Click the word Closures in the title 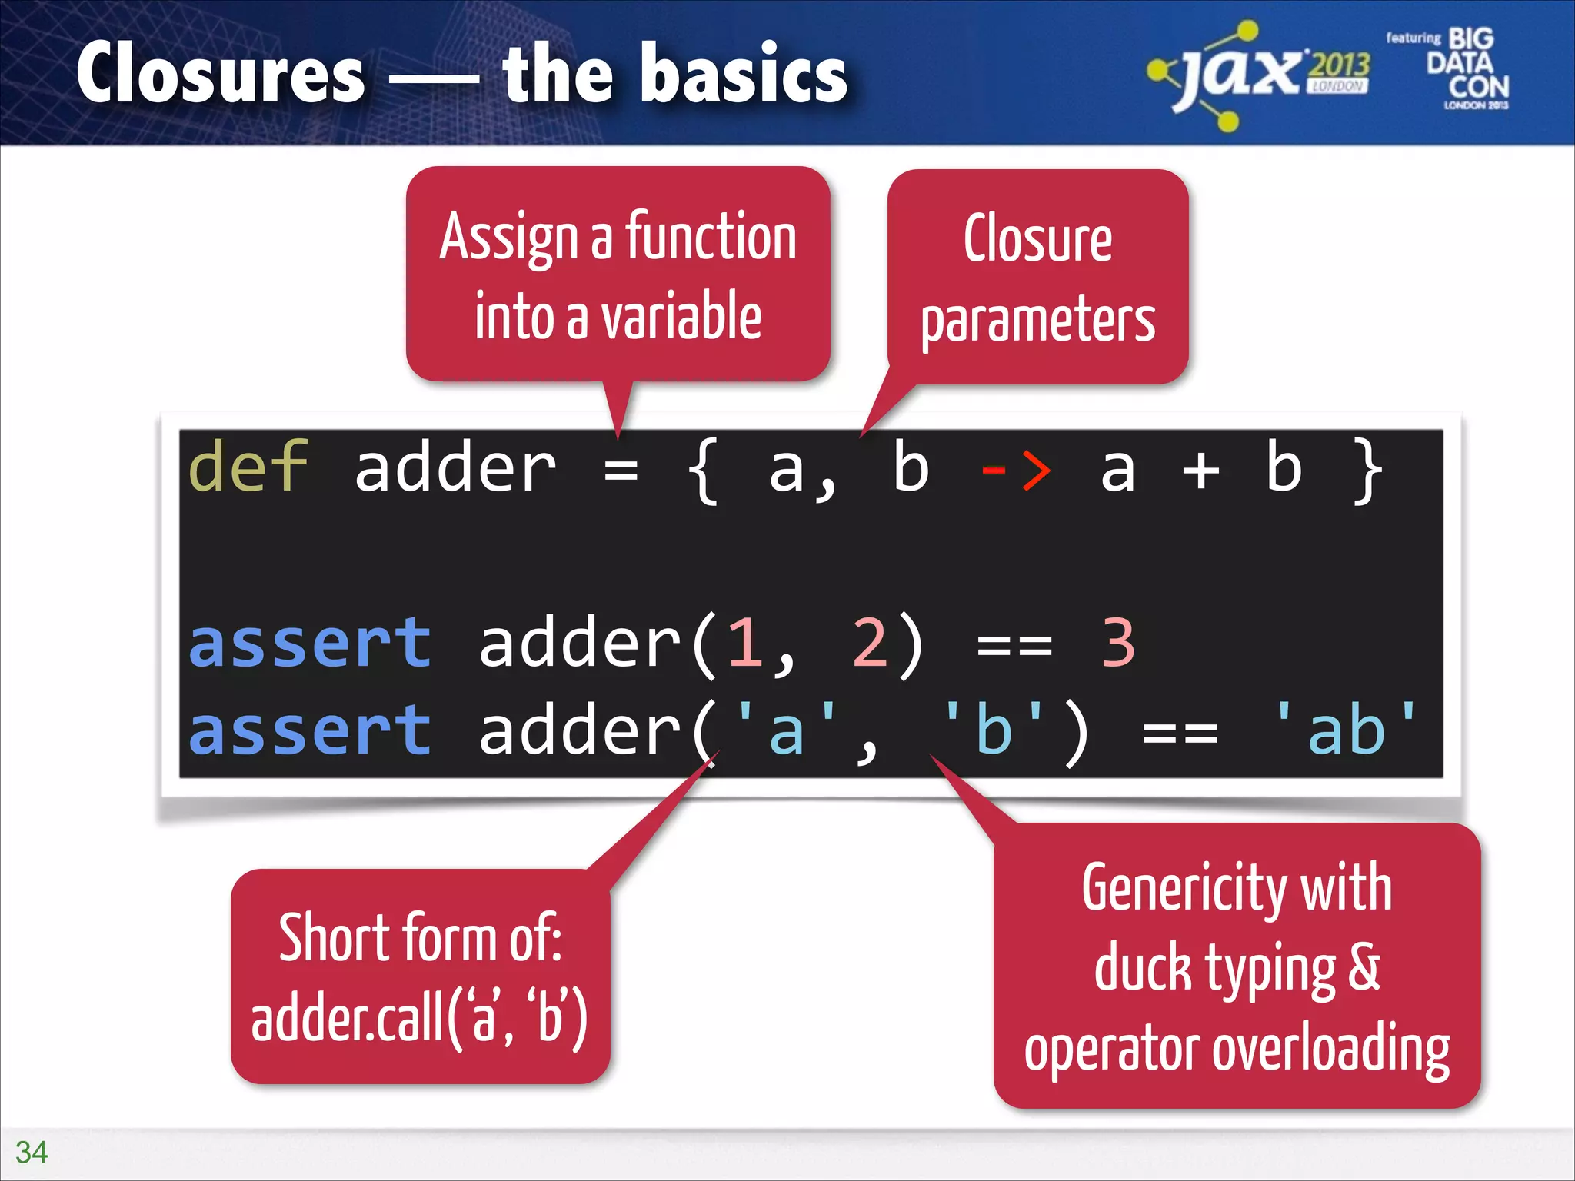[221, 73]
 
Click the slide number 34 [32, 1152]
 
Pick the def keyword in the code [248, 467]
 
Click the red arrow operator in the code [1015, 468]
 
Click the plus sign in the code [1200, 470]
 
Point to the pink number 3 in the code [1118, 643]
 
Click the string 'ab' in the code [1346, 729]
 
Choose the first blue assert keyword [309, 643]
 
